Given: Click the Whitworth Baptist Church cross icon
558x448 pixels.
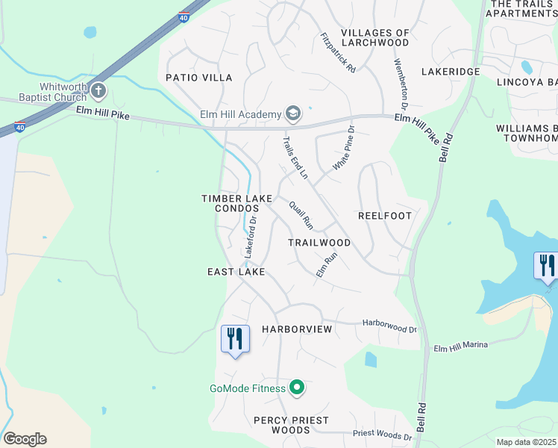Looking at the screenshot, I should [98, 91].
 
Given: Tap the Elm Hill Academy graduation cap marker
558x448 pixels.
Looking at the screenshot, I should [293, 113].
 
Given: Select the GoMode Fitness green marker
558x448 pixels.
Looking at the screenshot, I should [297, 388].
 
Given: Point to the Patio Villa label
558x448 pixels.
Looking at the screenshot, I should [199, 78].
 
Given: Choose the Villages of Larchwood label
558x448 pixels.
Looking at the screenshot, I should [375, 38].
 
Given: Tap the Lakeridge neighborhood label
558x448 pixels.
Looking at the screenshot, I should [451, 72].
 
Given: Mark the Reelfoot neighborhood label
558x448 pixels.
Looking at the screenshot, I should [385, 216].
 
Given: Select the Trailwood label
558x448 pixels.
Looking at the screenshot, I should [319, 243].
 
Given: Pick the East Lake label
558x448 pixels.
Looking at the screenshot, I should [236, 273].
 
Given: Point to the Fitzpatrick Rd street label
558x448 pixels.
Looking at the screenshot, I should [337, 52].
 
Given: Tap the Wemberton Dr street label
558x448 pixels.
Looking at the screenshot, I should [402, 82].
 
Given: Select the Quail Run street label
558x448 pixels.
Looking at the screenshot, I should [302, 217].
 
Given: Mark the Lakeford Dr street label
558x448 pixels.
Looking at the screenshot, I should [251, 238].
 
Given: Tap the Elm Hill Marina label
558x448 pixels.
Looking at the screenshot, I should [460, 345].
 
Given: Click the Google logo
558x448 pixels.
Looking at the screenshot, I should [25, 438].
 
